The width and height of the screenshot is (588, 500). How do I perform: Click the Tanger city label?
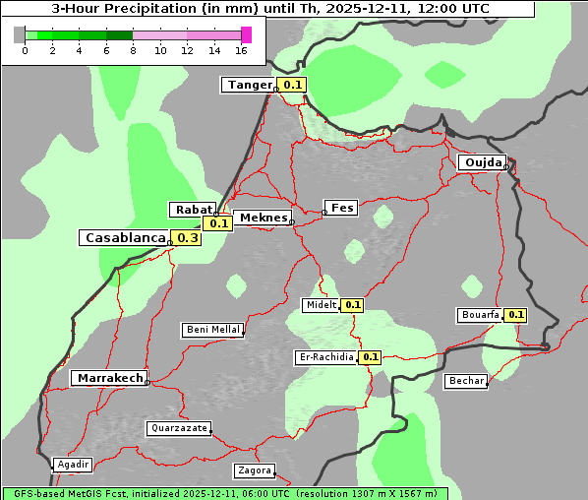(249, 86)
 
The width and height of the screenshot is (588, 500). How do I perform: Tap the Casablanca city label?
(124, 238)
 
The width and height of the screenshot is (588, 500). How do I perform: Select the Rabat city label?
(192, 210)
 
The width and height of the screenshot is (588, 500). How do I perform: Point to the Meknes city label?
(263, 218)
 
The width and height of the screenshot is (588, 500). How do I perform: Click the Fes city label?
(341, 208)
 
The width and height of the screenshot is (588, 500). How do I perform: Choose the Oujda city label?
(483, 162)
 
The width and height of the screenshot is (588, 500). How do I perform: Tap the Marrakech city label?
(109, 378)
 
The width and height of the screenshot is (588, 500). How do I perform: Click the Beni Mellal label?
(211, 330)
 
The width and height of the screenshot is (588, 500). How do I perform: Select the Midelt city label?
(321, 305)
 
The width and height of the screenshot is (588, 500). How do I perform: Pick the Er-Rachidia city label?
(326, 357)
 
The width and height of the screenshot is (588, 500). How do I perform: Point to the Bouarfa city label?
(480, 315)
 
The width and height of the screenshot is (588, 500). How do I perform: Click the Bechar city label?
(465, 381)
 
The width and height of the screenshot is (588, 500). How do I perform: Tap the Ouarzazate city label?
(178, 428)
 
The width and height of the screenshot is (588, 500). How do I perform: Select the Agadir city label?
(73, 465)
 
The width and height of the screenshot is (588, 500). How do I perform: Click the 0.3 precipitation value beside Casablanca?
(187, 238)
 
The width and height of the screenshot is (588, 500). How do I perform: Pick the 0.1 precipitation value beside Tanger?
(293, 86)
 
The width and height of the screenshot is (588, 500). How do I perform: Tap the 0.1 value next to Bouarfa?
(516, 315)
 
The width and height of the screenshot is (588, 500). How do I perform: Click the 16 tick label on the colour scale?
(242, 51)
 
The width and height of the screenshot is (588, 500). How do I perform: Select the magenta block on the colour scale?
(246, 35)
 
